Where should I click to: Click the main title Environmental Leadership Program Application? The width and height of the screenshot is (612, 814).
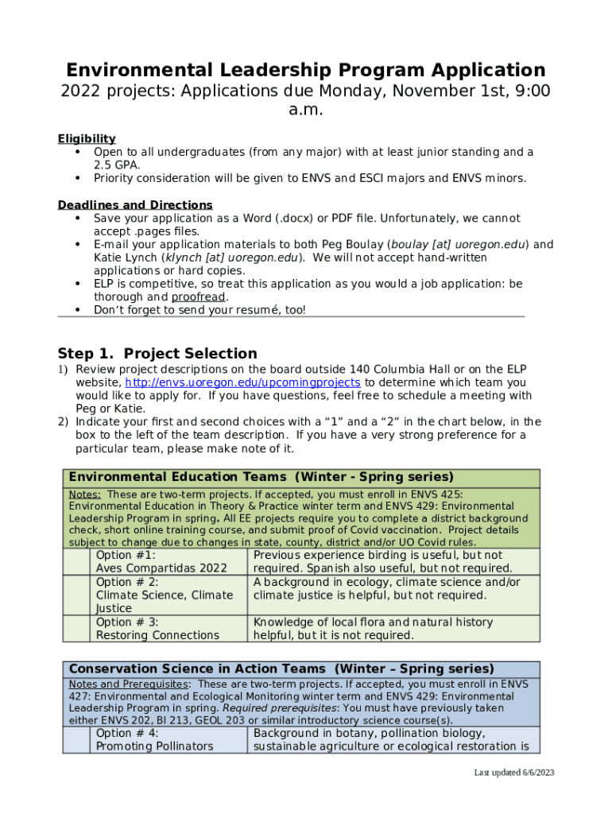click(305, 70)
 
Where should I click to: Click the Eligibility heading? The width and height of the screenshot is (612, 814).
click(87, 138)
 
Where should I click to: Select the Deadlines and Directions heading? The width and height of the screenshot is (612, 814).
click(135, 205)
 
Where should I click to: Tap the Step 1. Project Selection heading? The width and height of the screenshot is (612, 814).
click(157, 354)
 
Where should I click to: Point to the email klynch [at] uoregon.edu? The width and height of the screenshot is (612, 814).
click(231, 258)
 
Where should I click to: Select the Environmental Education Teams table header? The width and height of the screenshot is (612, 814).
click(261, 477)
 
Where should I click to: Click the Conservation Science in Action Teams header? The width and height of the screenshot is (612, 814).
click(281, 669)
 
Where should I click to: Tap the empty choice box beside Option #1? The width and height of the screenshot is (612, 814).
click(77, 561)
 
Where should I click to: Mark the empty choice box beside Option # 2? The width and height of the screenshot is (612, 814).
click(77, 595)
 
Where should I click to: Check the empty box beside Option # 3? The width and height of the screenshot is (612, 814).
click(77, 628)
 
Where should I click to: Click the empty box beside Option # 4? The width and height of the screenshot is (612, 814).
click(77, 739)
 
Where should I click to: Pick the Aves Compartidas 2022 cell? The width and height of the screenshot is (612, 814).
click(161, 568)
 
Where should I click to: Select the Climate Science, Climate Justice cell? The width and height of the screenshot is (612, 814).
click(165, 595)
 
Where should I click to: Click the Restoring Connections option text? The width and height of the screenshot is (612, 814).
click(157, 635)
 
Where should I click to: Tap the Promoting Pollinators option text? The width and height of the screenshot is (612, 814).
click(154, 746)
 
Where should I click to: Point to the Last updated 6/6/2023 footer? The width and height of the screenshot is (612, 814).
click(513, 773)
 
